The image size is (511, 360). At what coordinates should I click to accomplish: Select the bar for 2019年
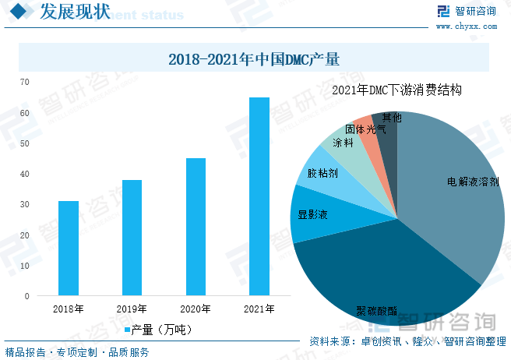click(x=132, y=238)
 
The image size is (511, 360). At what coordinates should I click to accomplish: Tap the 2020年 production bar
click(x=196, y=227)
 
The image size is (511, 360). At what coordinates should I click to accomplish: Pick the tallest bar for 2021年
click(x=259, y=196)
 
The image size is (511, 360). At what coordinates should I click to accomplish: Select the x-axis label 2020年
click(x=196, y=309)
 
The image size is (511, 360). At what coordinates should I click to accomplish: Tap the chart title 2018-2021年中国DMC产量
click(x=255, y=58)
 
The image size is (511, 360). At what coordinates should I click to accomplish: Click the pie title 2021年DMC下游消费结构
click(x=396, y=90)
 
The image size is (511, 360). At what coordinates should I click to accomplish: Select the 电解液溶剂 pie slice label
click(x=473, y=182)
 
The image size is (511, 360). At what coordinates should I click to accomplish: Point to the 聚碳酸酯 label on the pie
click(x=376, y=311)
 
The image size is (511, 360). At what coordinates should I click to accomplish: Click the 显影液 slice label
click(x=312, y=213)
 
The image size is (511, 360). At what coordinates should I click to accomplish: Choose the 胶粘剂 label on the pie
click(x=322, y=173)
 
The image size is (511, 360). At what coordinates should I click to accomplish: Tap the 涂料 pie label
click(x=343, y=143)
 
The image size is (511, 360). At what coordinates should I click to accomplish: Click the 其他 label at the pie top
click(x=392, y=118)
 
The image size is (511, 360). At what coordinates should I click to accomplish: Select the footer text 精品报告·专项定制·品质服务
click(x=77, y=352)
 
